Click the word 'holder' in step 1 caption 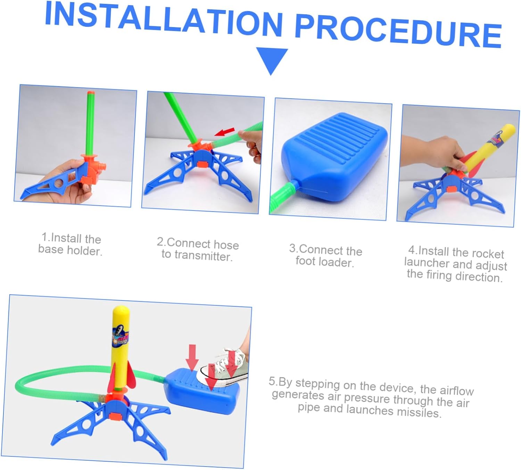[85, 251]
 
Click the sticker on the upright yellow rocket [120, 337]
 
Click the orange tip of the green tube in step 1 [91, 93]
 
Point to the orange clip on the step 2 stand [202, 164]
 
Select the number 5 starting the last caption [272, 381]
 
